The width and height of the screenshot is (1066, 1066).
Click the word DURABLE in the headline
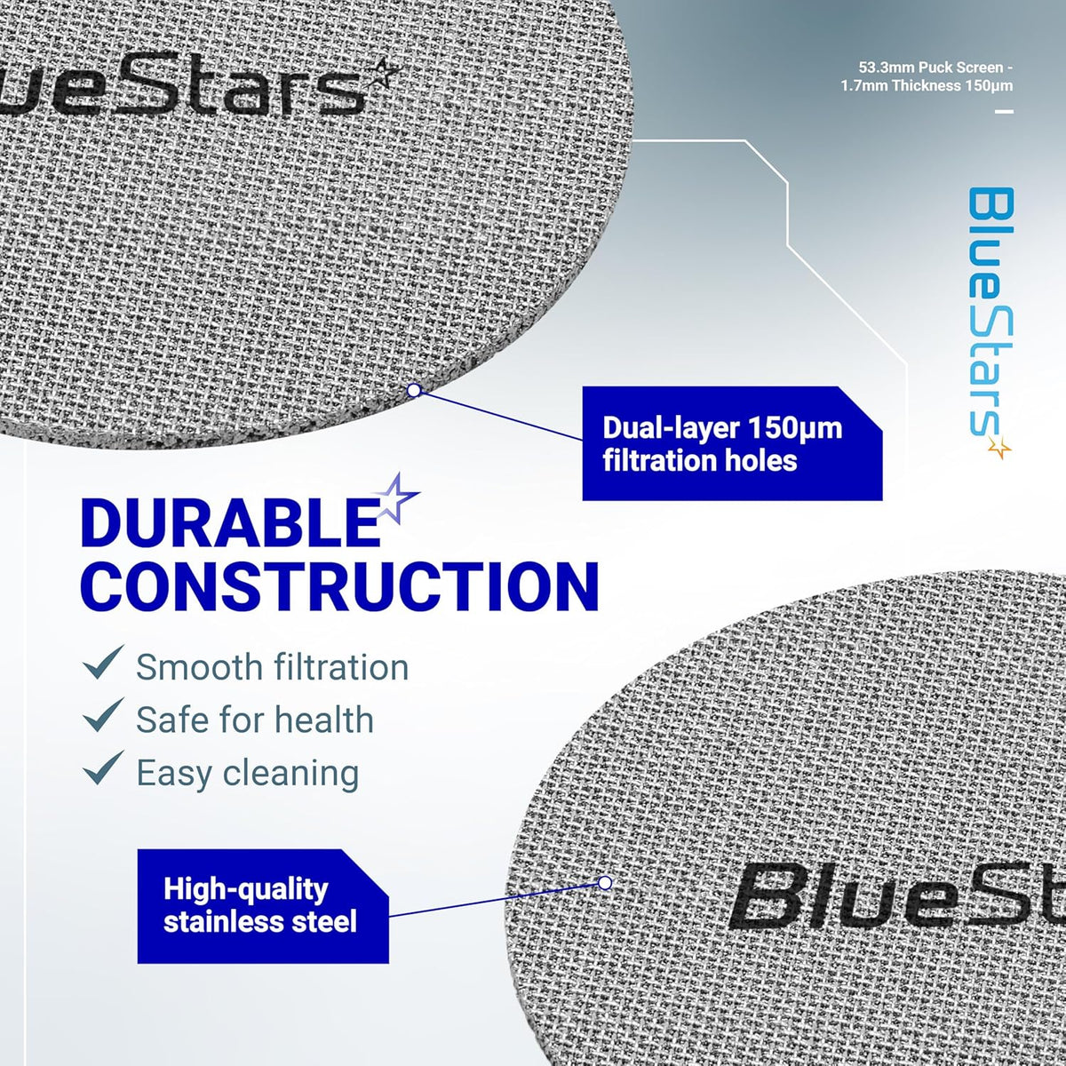click(x=231, y=522)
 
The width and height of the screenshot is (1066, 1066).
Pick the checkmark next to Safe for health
click(x=103, y=715)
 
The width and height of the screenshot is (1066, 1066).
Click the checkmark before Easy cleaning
click(x=103, y=768)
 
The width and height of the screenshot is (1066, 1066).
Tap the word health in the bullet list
click(x=324, y=720)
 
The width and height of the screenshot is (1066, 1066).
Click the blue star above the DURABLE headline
click(x=396, y=498)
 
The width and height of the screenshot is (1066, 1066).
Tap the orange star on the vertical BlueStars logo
click(x=999, y=448)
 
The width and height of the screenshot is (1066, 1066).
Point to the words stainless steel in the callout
click(x=260, y=921)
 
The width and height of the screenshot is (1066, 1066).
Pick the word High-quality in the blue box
click(x=245, y=890)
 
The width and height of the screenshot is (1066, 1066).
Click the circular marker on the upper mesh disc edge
click(x=414, y=391)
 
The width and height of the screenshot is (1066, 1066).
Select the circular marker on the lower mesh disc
click(x=605, y=883)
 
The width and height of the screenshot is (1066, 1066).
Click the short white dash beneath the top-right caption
click(x=1004, y=112)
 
